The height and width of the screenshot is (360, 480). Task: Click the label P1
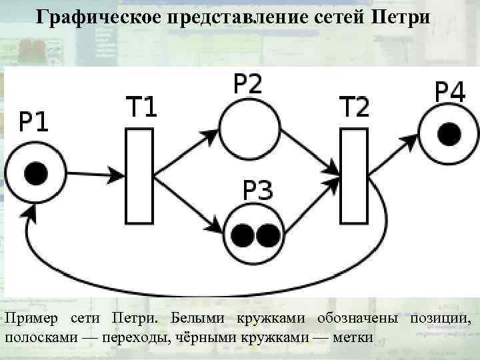[33, 123]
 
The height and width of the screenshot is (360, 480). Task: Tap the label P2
[247, 85]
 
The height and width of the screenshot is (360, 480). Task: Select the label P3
[257, 191]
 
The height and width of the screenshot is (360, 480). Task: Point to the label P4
[450, 93]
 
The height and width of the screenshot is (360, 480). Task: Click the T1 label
[141, 107]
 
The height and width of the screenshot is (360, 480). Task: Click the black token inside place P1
[35, 175]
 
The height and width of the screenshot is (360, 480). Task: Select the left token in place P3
[243, 235]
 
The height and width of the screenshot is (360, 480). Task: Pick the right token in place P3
[267, 235]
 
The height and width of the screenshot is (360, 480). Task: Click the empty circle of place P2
[247, 129]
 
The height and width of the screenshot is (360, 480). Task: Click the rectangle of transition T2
[354, 175]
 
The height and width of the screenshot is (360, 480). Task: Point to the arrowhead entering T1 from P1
[118, 176]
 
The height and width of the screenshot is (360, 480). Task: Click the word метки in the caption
[355, 335]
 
